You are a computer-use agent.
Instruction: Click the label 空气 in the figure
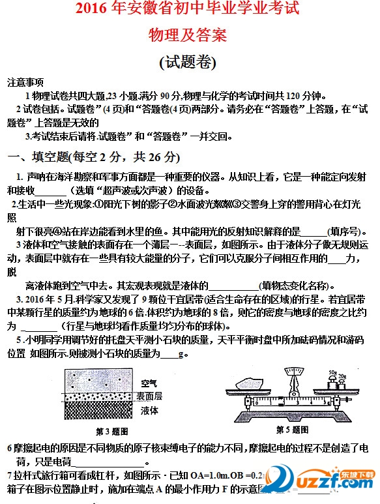coord(149,382)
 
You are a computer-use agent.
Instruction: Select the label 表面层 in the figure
coord(149,396)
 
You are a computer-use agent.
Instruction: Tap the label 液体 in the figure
coord(149,409)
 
